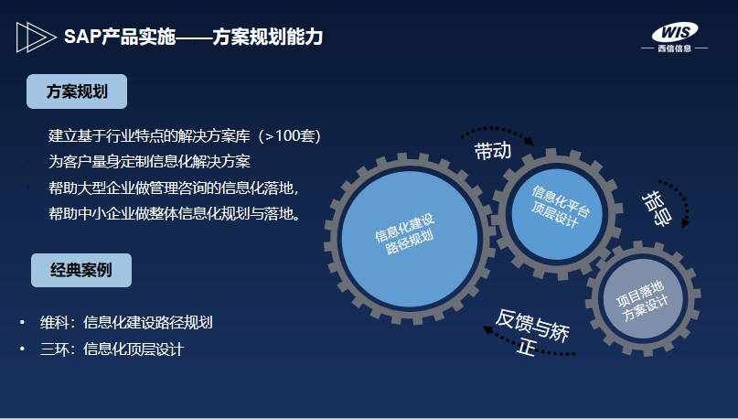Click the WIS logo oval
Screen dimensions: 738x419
click(x=675, y=32)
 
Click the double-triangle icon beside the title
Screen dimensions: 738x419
click(x=37, y=38)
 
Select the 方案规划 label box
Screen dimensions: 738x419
click(x=77, y=91)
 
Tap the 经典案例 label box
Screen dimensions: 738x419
click(x=81, y=270)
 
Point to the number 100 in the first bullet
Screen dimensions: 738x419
click(x=288, y=136)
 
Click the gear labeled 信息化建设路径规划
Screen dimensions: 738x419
click(x=409, y=239)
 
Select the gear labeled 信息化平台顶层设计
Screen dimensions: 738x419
click(x=556, y=213)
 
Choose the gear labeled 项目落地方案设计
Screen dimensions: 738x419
click(x=643, y=298)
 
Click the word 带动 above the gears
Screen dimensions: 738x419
click(x=493, y=151)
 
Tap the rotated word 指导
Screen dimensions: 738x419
click(x=656, y=209)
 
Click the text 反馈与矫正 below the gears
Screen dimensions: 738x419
click(x=532, y=332)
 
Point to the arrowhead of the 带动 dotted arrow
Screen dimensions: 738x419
click(x=530, y=141)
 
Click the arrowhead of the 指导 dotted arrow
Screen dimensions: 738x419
click(x=685, y=222)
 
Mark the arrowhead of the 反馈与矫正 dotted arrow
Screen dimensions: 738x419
click(x=488, y=329)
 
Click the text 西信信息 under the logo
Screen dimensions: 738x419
click(x=675, y=48)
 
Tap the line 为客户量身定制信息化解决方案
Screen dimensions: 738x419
click(x=149, y=162)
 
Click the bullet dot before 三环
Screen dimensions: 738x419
click(x=22, y=349)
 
